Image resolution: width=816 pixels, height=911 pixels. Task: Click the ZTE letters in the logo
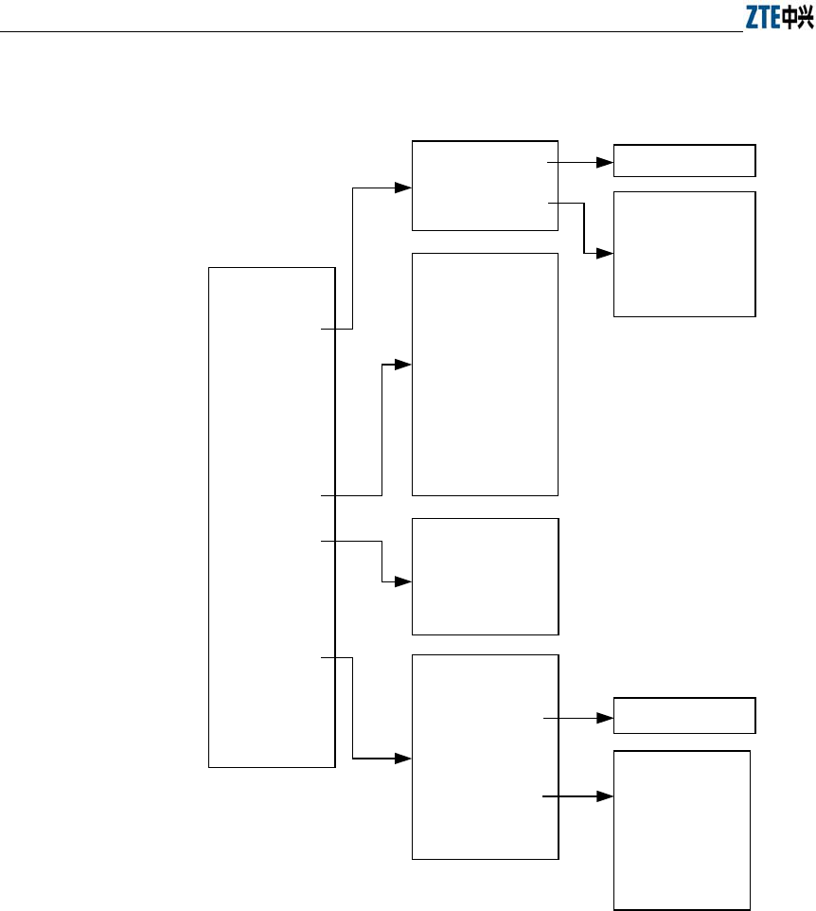click(x=762, y=18)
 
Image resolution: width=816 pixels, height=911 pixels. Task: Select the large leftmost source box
click(x=272, y=517)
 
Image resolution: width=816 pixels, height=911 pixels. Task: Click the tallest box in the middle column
click(x=485, y=373)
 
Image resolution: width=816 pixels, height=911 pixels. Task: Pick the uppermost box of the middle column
click(x=485, y=185)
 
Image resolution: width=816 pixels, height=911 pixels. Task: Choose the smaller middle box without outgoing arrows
click(x=485, y=576)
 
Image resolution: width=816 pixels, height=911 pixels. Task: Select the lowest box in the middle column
click(x=485, y=757)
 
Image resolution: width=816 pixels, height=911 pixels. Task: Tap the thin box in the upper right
click(x=684, y=161)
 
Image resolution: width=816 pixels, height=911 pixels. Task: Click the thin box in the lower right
click(x=684, y=715)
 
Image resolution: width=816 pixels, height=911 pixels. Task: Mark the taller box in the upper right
click(x=684, y=254)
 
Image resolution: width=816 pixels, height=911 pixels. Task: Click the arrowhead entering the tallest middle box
click(x=405, y=365)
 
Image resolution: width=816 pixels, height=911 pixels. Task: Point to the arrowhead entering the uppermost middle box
click(x=405, y=188)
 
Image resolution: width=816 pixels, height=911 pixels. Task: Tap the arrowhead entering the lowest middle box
click(x=405, y=759)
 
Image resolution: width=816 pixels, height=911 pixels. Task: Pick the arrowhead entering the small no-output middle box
click(x=405, y=581)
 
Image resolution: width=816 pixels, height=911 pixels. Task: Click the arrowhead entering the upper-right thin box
click(x=607, y=162)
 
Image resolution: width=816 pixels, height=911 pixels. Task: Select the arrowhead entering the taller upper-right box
click(x=607, y=254)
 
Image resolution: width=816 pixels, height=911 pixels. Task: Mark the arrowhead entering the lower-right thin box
click(x=607, y=719)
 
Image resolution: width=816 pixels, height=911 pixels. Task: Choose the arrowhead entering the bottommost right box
click(x=607, y=796)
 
